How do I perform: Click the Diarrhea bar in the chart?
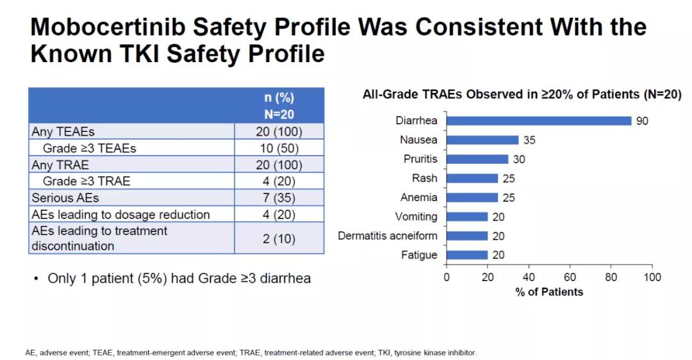point(538,121)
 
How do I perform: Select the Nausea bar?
point(482,140)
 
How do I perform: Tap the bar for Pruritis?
point(477,160)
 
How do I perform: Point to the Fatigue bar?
point(467,255)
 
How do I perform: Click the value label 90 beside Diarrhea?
point(642,121)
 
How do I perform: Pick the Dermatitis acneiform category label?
point(388,236)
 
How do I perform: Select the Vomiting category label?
point(416,217)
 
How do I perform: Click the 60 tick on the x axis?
point(570,277)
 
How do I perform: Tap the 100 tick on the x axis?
point(652,277)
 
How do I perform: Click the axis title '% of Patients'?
point(549,292)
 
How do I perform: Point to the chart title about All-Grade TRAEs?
point(522,95)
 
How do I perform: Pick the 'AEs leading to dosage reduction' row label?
point(120,215)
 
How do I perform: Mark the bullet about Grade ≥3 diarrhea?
point(179,279)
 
